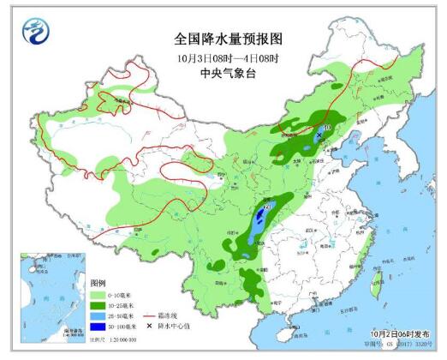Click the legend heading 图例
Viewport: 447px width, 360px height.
click(x=98, y=283)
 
